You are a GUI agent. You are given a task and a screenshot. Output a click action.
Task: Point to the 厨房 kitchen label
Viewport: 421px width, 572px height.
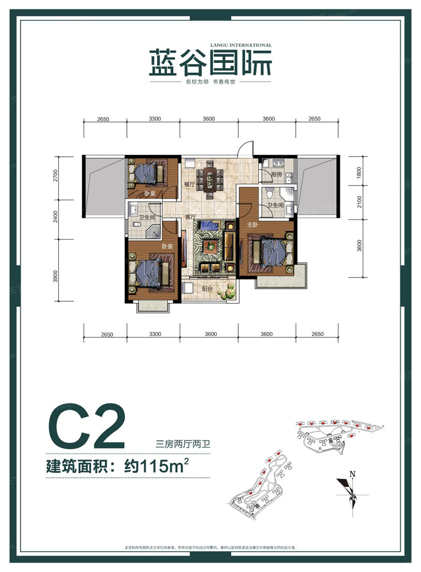(x=277, y=174)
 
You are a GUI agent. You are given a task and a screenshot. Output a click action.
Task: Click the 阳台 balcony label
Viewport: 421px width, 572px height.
(x=208, y=289)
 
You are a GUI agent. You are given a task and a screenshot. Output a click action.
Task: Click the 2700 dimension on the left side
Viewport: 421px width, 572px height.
(x=56, y=176)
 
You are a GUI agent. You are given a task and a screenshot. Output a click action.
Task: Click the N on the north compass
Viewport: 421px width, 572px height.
(x=352, y=474)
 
